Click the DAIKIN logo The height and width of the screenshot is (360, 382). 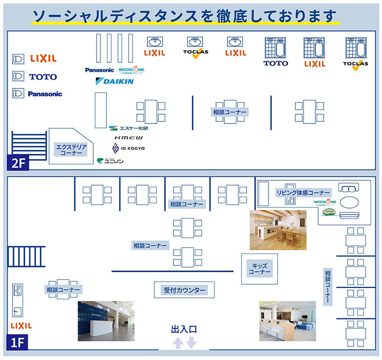[x=115, y=81]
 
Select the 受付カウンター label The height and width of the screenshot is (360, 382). [x=184, y=290]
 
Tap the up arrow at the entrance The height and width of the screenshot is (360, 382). [x=177, y=343]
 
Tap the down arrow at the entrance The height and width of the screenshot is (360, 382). [x=190, y=343]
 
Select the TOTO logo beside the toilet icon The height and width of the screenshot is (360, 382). [x=43, y=77]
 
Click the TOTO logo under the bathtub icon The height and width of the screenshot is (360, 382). [x=276, y=63]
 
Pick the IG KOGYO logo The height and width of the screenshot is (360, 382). [x=128, y=149]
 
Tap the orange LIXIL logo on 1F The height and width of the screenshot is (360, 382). [x=21, y=326]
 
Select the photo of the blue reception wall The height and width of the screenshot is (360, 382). [x=106, y=321]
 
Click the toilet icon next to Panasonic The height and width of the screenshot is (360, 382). [x=18, y=93]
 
